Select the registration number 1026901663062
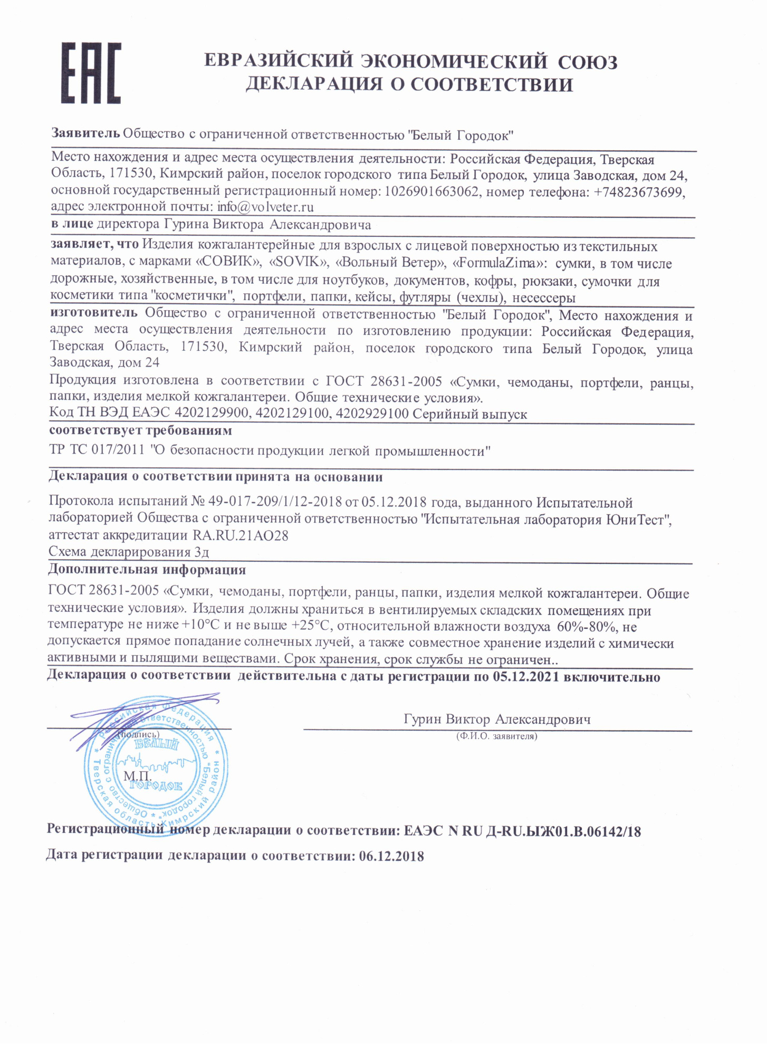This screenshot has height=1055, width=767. click(432, 191)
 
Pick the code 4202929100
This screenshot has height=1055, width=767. click(372, 414)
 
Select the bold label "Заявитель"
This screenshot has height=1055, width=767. click(85, 133)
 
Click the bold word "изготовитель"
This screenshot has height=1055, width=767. click(94, 313)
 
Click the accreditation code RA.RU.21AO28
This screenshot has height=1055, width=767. click(241, 535)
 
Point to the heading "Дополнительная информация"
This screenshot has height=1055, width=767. click(147, 570)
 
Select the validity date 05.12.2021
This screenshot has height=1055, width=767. click(526, 677)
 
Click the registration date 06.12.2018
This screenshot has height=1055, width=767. click(391, 856)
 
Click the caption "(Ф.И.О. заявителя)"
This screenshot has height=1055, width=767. click(496, 736)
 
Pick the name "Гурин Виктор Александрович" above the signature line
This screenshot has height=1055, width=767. click(497, 719)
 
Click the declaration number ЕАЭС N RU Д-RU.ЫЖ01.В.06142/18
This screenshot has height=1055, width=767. click(522, 831)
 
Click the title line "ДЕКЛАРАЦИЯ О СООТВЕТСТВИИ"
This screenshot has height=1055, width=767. click(409, 84)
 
